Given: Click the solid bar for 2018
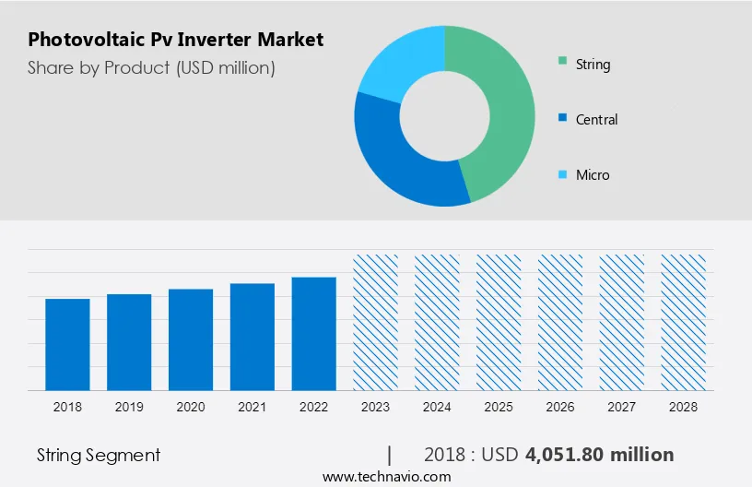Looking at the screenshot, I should tap(67, 344).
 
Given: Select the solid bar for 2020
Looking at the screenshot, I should tap(191, 339).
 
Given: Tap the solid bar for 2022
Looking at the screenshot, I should tap(314, 333).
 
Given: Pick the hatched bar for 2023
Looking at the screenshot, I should tap(376, 322).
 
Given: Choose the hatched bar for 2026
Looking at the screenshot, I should tap(560, 322).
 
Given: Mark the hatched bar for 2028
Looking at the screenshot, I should tap(684, 322).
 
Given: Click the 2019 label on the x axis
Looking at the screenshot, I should tap(129, 407).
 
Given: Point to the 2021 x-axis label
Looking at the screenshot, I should tap(253, 407).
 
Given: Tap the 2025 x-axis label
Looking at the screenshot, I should tap(499, 407).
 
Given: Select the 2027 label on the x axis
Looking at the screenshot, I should tap(622, 407).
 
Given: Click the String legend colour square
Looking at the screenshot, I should tap(561, 64).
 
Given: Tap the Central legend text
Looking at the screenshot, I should tap(596, 120).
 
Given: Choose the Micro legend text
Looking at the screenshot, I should tap(593, 175).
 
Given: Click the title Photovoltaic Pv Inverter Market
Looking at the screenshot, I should tap(175, 40).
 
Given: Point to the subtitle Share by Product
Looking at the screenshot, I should tap(151, 67).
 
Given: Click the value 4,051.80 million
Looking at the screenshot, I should tap(600, 455).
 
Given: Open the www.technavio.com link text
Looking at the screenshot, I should tap(386, 477).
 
